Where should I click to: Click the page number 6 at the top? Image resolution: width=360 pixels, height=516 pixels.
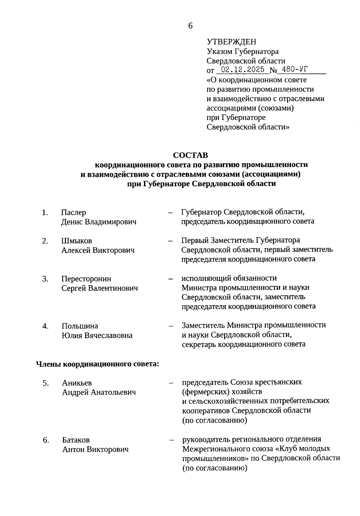[x=190, y=26]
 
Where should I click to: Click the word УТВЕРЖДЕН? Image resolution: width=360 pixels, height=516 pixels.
[x=231, y=42]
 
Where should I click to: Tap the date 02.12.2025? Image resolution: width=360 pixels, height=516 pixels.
[x=241, y=70]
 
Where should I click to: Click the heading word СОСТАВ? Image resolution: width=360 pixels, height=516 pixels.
[x=190, y=155]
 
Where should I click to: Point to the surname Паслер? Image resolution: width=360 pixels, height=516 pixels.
[x=73, y=212]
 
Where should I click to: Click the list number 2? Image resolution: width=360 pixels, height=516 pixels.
[x=45, y=241]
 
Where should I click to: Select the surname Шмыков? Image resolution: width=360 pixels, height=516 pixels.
[x=76, y=241]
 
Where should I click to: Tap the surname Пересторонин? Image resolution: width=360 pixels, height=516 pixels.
[x=86, y=279]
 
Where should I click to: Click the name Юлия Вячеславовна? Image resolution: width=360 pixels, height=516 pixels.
[x=97, y=335]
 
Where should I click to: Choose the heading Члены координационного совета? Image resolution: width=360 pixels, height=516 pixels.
[x=97, y=364]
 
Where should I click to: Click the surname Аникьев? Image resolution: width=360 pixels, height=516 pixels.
[x=77, y=383]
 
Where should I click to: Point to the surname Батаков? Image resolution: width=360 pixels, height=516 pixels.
[x=76, y=440]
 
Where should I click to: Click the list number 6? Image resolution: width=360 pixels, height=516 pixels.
[x=46, y=440]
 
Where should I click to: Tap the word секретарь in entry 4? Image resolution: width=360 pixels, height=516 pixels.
[x=199, y=344]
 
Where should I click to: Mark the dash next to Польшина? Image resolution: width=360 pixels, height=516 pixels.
[x=171, y=326]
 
